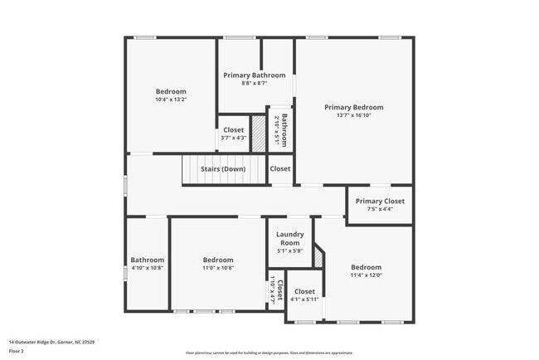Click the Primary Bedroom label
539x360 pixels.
point(354,107)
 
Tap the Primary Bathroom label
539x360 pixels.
point(255,75)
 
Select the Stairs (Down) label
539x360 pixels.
point(222,169)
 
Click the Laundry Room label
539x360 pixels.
point(290,239)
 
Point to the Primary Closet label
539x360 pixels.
point(380,201)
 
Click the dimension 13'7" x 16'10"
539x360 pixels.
point(354,116)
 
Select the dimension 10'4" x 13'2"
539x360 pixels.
point(171,100)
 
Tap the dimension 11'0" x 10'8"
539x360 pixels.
point(218,268)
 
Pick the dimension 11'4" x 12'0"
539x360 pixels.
point(366,275)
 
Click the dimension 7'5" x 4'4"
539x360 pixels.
point(380,209)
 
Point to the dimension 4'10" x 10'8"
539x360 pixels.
point(148,268)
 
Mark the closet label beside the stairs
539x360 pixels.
point(280,169)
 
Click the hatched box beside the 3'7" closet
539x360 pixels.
point(258,134)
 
